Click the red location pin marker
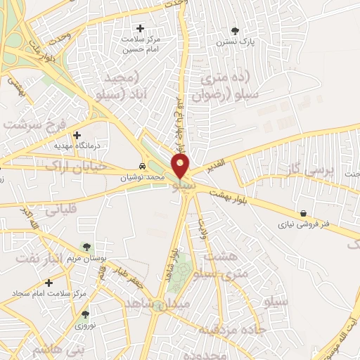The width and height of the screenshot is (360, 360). click(181, 167)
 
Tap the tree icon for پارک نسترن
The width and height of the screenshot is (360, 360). click(235, 31)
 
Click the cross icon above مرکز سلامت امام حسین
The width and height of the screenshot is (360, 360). click(140, 29)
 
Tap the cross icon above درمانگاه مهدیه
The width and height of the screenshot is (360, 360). click(77, 135)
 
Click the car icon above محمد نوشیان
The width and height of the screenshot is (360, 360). click(143, 167)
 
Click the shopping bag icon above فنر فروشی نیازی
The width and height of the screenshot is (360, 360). click(303, 214)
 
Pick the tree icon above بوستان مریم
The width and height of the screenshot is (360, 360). click(86, 247)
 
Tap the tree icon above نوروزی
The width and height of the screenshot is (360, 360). click(86, 314)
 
